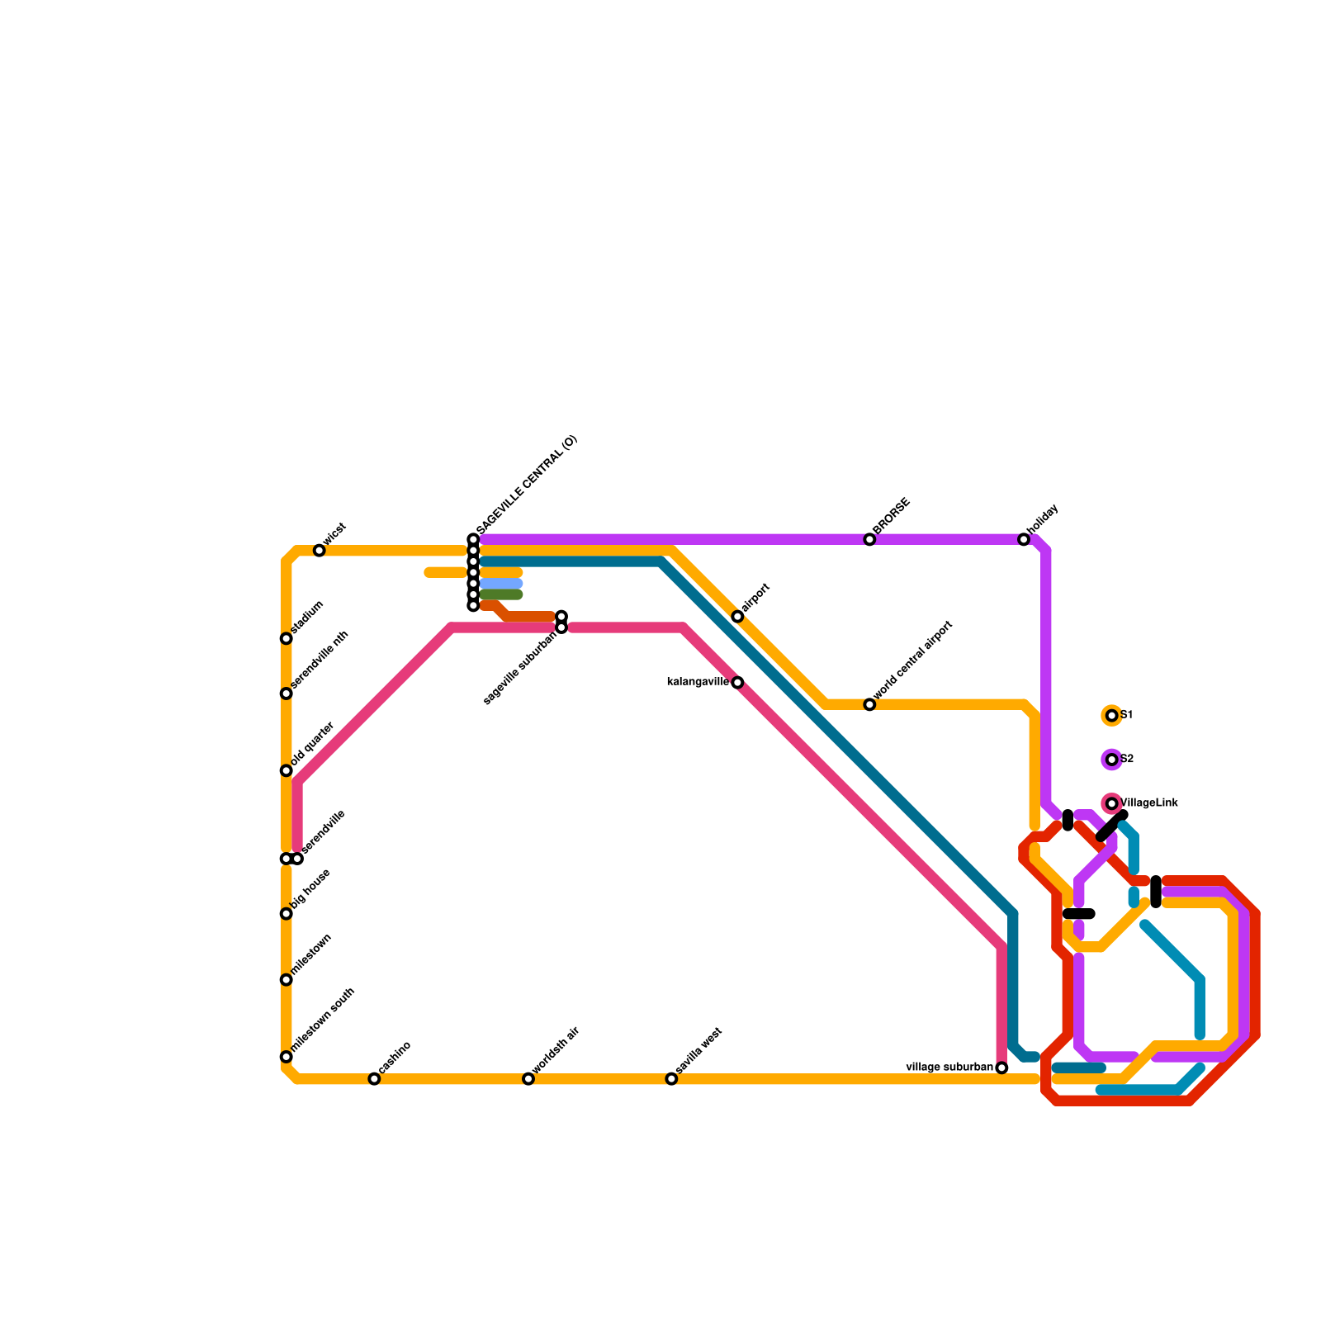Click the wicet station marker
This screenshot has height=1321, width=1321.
pos(320,551)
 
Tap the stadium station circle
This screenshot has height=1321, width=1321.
pos(286,638)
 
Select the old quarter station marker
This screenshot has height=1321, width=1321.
pos(286,770)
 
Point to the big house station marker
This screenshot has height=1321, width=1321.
pos(286,913)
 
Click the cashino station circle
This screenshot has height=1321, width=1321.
pos(374,1079)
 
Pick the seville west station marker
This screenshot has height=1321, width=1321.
pos(671,1079)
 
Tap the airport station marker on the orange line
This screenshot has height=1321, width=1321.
pos(737,617)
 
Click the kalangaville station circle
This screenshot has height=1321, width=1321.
pos(737,683)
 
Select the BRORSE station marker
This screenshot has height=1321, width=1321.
pos(869,539)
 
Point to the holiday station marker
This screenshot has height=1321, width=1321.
pos(1024,539)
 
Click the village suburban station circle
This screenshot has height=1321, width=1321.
pos(1001,1068)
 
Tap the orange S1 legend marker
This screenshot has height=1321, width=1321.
pos(1112,716)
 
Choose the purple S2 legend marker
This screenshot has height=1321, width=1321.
pos(1112,760)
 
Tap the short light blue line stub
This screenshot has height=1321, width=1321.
pos(501,584)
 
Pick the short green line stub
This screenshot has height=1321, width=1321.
pos(501,594)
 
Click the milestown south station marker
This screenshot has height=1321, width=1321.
pos(286,1057)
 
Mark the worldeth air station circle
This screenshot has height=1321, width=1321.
pos(528,1079)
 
